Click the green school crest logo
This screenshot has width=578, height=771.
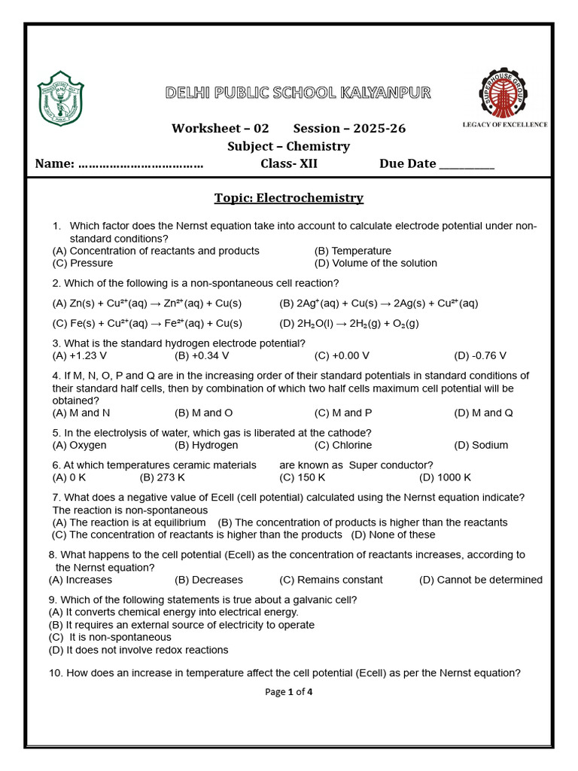[x=61, y=98]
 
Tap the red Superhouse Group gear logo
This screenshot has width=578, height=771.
[x=503, y=92]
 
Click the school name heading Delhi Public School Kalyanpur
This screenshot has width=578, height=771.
[x=299, y=93]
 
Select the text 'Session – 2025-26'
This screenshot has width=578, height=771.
[x=349, y=128]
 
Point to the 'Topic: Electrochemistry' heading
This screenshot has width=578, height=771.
[x=288, y=198]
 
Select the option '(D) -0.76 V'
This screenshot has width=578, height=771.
[x=480, y=355]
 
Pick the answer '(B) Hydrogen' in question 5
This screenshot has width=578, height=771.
[x=204, y=445]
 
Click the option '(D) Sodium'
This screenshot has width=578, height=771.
[x=481, y=445]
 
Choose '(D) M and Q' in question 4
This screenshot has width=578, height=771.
[x=483, y=413]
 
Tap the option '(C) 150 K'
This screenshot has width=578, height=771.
[x=303, y=477]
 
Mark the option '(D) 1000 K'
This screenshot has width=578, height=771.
[x=445, y=477]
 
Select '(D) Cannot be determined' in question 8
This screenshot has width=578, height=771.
[x=480, y=580]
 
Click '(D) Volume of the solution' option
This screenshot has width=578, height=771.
[x=376, y=263]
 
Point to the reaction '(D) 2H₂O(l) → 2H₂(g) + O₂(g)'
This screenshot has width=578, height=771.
[x=349, y=323]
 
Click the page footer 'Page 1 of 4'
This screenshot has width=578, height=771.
[x=288, y=692]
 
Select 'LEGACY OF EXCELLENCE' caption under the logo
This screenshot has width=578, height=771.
[x=504, y=124]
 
